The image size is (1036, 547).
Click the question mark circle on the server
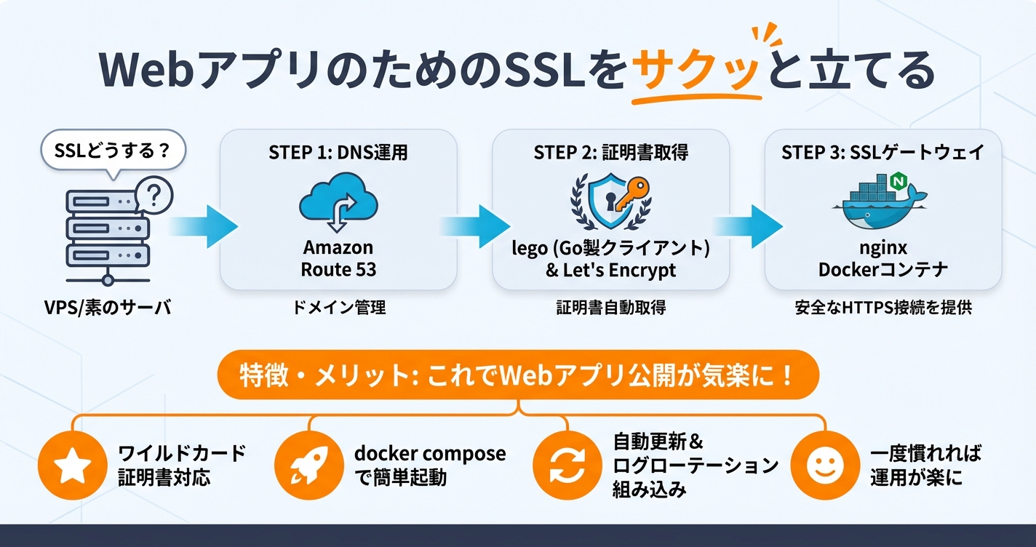pyautogui.click(x=153, y=195)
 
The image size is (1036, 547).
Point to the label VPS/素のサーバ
pyautogui.click(x=107, y=308)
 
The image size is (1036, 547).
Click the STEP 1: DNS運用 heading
pyautogui.click(x=338, y=153)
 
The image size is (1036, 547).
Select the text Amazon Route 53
pyautogui.click(x=338, y=257)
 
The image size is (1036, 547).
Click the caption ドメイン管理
pyautogui.click(x=338, y=308)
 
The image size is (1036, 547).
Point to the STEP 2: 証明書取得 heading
pyautogui.click(x=610, y=153)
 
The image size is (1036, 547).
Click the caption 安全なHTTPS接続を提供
pyautogui.click(x=882, y=308)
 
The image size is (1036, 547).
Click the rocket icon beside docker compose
pyautogui.click(x=307, y=466)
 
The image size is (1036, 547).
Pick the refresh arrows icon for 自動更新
pyautogui.click(x=566, y=466)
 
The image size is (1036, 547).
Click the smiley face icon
pyautogui.click(x=823, y=466)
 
